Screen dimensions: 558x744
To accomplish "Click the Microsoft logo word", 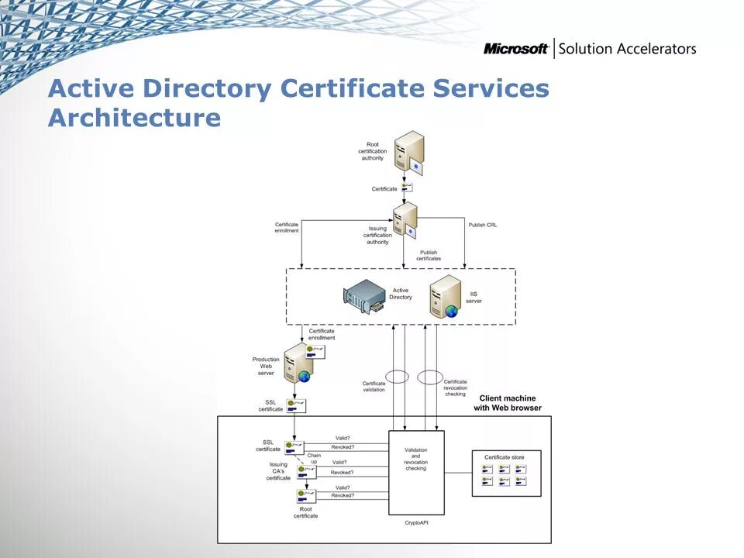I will pos(515,49).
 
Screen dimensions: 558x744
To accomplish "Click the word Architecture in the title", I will pos(134,119).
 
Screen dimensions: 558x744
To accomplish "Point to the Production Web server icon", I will pos(298,364).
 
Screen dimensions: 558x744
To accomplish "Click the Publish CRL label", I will pos(483,225).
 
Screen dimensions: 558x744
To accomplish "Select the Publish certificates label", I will pos(429,255).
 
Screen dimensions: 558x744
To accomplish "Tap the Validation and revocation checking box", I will pos(416,472).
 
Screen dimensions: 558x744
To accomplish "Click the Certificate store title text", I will pos(505,457).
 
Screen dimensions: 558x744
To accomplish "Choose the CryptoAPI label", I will pos(416,523).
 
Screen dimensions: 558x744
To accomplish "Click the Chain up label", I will pos(314,458).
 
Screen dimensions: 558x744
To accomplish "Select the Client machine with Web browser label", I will pos(508,403).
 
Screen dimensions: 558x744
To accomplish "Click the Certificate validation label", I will pos(374,386).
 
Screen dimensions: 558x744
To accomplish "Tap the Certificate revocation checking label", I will pos(456,387).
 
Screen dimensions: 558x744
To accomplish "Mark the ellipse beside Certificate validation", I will pos(397,377).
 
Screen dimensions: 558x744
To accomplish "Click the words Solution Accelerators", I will pos(627,49).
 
